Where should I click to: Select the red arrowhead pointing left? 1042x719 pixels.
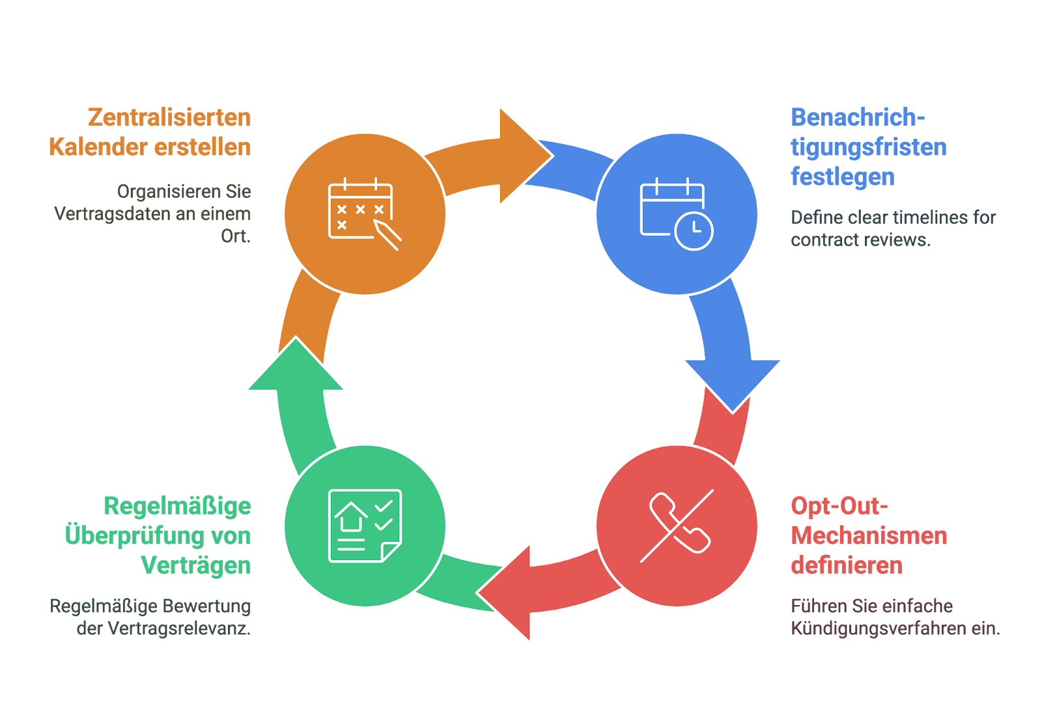[505, 593]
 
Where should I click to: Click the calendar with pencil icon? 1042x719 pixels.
[365, 214]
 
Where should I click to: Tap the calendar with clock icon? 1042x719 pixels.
[677, 214]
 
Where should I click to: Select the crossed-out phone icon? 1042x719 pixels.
[677, 526]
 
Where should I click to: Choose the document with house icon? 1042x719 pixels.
[365, 526]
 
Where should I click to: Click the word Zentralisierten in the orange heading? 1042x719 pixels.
[169, 117]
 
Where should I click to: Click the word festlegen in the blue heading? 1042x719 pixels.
[843, 177]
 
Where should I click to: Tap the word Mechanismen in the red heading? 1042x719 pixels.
[869, 536]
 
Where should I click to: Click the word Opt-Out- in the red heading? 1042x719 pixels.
[839, 506]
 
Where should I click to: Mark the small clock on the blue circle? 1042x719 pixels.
[694, 231]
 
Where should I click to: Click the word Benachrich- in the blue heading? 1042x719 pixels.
[858, 117]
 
